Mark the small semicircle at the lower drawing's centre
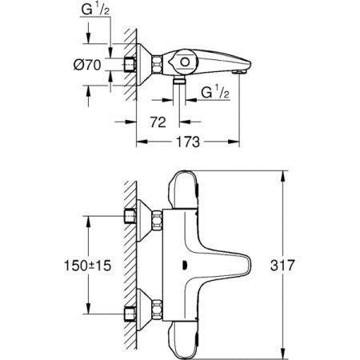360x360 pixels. [185, 267]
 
